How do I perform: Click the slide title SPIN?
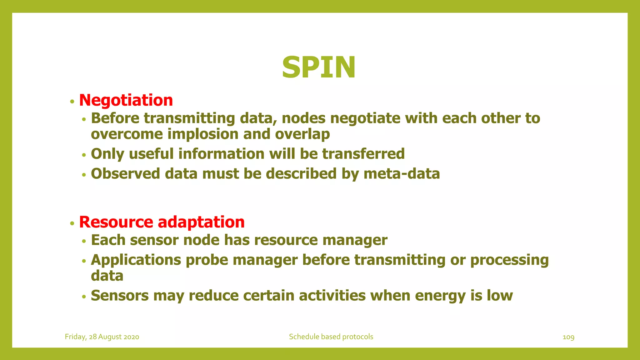(x=318, y=67)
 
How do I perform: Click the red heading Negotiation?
(x=126, y=100)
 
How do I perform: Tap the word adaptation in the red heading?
(x=201, y=222)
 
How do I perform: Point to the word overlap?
(x=302, y=134)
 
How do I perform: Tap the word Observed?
(x=125, y=174)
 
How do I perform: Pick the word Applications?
(x=136, y=260)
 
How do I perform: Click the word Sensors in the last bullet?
(x=120, y=296)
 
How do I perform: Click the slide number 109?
(x=568, y=337)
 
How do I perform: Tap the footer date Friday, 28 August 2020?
(x=102, y=337)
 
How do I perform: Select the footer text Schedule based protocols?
(x=331, y=337)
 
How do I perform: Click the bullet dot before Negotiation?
(x=72, y=102)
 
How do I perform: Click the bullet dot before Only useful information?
(x=84, y=155)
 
